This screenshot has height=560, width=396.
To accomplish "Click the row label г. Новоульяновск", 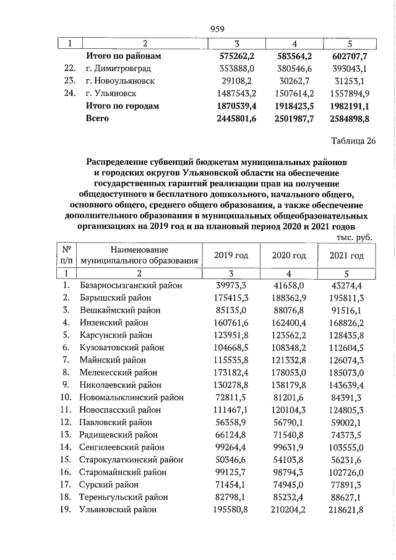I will click(x=120, y=81).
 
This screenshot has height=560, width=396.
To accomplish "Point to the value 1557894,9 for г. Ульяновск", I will click(x=350, y=93).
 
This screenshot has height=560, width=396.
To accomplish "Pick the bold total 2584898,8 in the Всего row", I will click(x=350, y=118).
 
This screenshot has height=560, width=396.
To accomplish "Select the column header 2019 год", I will click(x=231, y=256).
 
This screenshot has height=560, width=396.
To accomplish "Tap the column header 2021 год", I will click(x=346, y=256).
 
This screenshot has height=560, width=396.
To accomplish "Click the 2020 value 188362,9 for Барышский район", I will click(x=290, y=298).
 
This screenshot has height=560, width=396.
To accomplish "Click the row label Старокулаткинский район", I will click(x=131, y=460).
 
